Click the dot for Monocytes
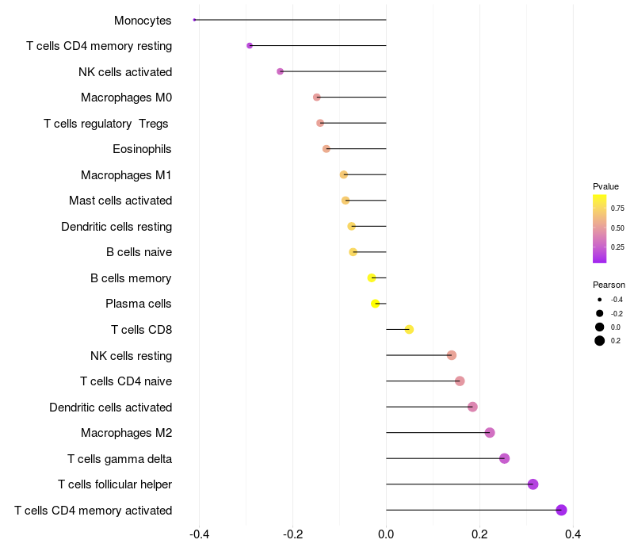click(x=194, y=20)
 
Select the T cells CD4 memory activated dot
click(x=561, y=510)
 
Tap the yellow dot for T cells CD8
click(x=409, y=330)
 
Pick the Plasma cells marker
click(x=376, y=304)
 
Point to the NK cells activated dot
click(x=280, y=71)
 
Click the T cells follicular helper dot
click(x=533, y=484)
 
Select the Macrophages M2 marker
click(x=490, y=433)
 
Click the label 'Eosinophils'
click(x=142, y=149)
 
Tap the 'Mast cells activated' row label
click(x=120, y=201)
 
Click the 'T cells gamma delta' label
click(x=120, y=458)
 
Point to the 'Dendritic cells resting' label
click(x=116, y=227)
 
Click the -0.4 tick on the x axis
click(x=199, y=534)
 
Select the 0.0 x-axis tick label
click(x=386, y=534)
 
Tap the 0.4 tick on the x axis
click(x=573, y=534)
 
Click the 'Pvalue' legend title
click(x=605, y=186)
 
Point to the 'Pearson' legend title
click(x=609, y=285)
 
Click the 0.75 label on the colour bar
click(x=617, y=209)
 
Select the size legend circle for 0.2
click(x=600, y=341)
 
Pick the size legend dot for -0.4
click(x=600, y=300)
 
